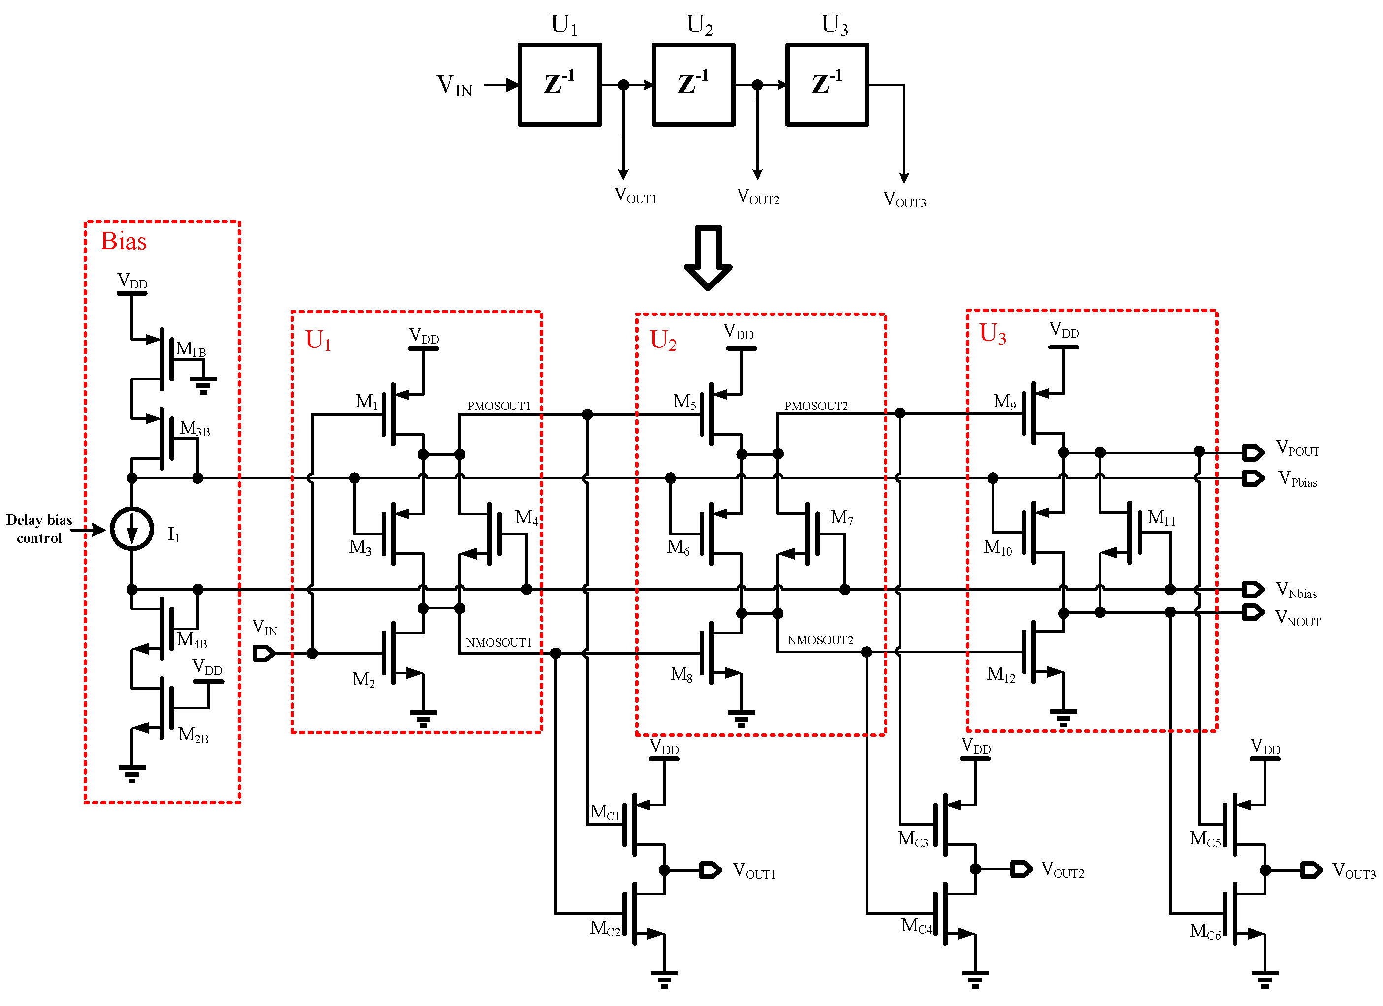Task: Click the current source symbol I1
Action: pyautogui.click(x=132, y=529)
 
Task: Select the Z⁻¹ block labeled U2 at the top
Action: pyautogui.click(x=693, y=85)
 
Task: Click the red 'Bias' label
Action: pyautogui.click(x=124, y=242)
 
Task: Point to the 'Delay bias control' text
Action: pyautogui.click(x=39, y=529)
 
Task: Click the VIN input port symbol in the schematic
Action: pyautogui.click(x=264, y=654)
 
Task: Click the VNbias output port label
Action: pyautogui.click(x=1296, y=590)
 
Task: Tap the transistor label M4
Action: pyautogui.click(x=527, y=518)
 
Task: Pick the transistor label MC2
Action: pyautogui.click(x=605, y=928)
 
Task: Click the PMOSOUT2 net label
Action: pyautogui.click(x=816, y=406)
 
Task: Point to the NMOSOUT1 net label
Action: pyautogui.click(x=499, y=643)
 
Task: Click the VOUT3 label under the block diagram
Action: pyautogui.click(x=904, y=200)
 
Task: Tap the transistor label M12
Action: pyautogui.click(x=1000, y=674)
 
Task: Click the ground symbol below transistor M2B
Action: pyautogui.click(x=132, y=774)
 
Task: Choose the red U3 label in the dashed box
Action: pyautogui.click(x=993, y=334)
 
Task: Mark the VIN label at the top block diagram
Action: pyautogui.click(x=455, y=85)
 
